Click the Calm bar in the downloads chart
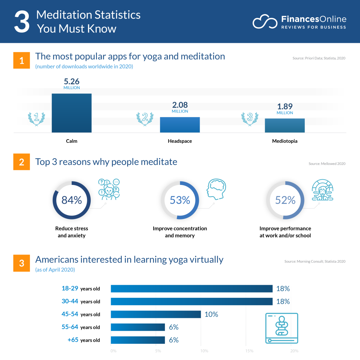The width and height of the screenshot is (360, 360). click(72, 113)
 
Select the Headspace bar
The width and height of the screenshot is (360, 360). click(180, 125)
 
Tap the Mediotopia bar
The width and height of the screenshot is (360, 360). click(285, 126)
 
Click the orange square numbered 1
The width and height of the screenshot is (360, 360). click(22, 60)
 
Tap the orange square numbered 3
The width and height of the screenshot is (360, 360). click(22, 263)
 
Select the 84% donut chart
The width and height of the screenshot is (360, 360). click(72, 200)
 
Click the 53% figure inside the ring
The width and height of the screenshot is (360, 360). click(180, 200)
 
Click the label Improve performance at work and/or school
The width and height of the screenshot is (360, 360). click(285, 232)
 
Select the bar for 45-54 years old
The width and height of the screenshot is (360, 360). click(156, 314)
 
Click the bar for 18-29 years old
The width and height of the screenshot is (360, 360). click(192, 289)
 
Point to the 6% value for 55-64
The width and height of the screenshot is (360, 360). click(174, 327)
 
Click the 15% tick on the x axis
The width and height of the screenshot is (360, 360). click(249, 351)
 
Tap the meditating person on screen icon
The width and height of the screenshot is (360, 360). click(281, 328)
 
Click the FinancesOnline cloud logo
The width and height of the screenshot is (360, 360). click(265, 22)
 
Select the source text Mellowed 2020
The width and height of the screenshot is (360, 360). click(327, 164)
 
